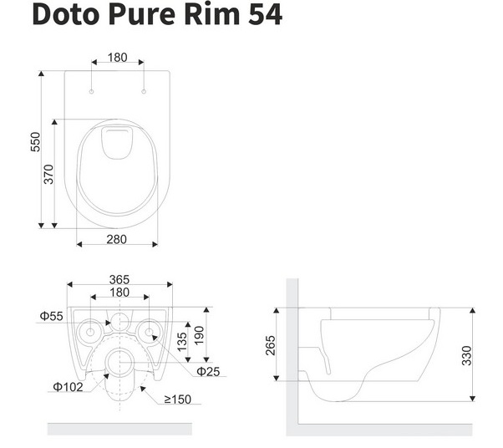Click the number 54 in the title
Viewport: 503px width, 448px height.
click(266, 14)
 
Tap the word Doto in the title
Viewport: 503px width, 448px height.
click(65, 14)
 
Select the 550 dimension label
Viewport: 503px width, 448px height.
click(36, 141)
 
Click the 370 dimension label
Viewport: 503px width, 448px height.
click(48, 174)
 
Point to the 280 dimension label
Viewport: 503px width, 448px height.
click(116, 239)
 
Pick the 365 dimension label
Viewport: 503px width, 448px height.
click(119, 279)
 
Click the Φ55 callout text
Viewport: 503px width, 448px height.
click(51, 316)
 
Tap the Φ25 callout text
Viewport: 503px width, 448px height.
click(208, 372)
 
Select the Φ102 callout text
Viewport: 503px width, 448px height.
click(68, 387)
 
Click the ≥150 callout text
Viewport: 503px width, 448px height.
click(178, 400)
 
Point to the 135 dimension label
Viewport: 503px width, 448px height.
click(182, 342)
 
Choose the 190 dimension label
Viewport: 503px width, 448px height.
click(199, 335)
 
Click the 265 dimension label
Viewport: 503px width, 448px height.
click(271, 345)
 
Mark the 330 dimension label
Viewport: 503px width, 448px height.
click(467, 355)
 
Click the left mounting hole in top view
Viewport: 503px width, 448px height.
click(91, 91)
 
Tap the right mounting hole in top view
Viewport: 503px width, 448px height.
click(144, 91)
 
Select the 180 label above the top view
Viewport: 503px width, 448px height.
click(118, 58)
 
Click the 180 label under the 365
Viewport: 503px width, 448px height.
click(119, 293)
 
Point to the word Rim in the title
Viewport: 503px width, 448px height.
click(212, 14)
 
